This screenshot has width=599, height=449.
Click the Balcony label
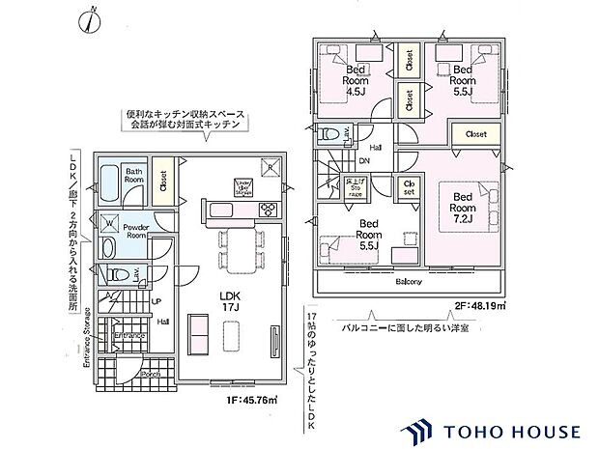[409, 282]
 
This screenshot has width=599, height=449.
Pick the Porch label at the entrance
[150, 375]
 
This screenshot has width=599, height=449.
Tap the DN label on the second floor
[364, 162]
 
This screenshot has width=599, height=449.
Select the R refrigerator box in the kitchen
[270, 167]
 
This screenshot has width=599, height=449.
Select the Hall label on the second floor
[375, 148]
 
